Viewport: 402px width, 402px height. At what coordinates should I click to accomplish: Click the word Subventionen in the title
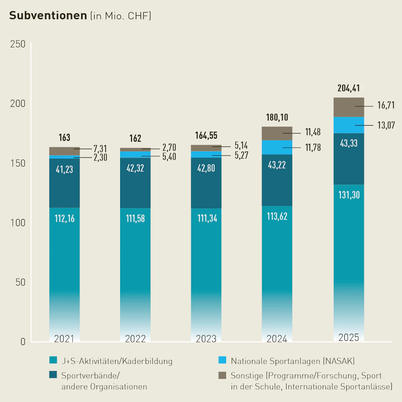click(48, 15)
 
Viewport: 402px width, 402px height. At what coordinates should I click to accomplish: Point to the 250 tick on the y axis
click(17, 44)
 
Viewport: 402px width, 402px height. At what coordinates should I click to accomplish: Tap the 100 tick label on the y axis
click(17, 223)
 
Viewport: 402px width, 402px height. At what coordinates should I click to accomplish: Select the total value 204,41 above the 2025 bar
click(349, 89)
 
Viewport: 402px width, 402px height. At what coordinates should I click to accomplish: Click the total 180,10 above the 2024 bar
click(277, 118)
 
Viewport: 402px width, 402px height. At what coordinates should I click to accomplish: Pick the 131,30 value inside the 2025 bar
click(349, 195)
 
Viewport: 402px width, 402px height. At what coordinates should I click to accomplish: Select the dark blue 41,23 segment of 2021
click(64, 170)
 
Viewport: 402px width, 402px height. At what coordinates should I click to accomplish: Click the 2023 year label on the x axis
click(206, 339)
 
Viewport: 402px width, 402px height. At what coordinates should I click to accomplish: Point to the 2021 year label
click(64, 339)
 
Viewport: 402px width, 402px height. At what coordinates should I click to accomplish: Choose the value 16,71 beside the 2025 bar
click(386, 106)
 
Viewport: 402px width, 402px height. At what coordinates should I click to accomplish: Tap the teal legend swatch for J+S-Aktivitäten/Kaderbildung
click(53, 360)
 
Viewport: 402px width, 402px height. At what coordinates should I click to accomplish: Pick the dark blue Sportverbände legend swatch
click(53, 375)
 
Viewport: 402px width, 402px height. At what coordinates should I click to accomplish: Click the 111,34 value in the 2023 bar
click(206, 219)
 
